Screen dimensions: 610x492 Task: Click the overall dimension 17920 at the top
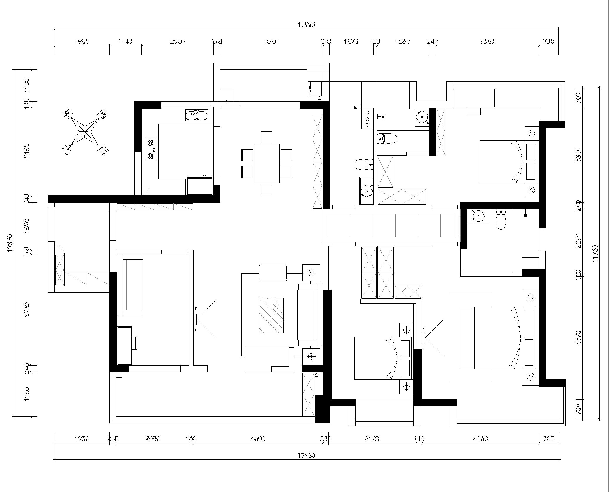[306, 25]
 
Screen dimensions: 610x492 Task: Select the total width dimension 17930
[306, 456]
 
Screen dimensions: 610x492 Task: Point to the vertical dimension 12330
[10, 243]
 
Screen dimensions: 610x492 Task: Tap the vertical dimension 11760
[595, 253]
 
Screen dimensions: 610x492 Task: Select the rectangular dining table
[267, 164]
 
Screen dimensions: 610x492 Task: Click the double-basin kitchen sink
[197, 115]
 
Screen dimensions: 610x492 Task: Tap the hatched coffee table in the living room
[271, 315]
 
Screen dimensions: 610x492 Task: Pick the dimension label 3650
[271, 42]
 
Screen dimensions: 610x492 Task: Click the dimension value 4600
[258, 438]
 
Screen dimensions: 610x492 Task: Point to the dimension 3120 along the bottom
[372, 438]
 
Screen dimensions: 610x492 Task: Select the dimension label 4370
[578, 338]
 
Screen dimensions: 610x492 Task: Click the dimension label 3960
[27, 309]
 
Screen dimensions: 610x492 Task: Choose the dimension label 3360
[578, 155]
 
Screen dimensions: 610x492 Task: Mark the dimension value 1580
[27, 394]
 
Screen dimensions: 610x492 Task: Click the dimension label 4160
[480, 438]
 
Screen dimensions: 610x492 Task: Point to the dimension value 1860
[403, 42]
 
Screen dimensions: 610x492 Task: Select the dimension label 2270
[578, 241]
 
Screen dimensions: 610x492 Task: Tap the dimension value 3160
[27, 151]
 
